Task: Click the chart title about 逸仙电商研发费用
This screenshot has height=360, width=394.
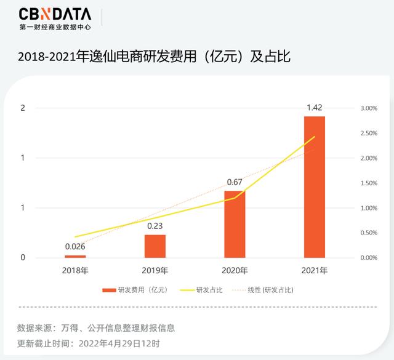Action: coord(154,57)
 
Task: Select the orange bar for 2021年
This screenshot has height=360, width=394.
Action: coord(315,186)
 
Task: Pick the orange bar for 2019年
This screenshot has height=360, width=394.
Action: coord(155,246)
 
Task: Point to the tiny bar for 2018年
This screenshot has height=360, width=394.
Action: coord(75,256)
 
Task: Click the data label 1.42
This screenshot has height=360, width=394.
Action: coord(315,108)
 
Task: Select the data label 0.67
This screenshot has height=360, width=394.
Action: coord(235,183)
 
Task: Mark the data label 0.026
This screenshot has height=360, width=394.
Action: coord(75,247)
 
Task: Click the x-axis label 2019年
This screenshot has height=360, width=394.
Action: coord(155,271)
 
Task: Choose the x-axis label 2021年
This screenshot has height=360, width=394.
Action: coord(315,271)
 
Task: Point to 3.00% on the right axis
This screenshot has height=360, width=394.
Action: coord(368,108)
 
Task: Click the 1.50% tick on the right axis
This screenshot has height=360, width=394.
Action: coord(368,183)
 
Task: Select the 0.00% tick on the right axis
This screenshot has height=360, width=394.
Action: coord(368,258)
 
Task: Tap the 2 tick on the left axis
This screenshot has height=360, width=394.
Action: coord(23,108)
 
